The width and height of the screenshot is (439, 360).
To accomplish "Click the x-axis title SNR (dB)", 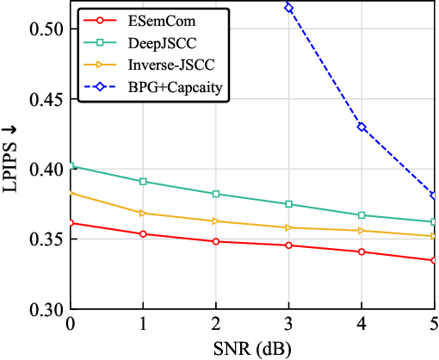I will tap(252, 349).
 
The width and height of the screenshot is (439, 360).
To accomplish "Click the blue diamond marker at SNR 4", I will tap(362, 127).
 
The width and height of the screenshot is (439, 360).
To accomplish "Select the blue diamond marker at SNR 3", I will tap(288, 8).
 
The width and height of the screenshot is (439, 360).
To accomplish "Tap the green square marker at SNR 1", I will tap(143, 182).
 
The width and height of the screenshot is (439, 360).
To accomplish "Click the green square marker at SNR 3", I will tap(288, 204).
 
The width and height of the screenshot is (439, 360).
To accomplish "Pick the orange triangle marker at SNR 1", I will tap(143, 213).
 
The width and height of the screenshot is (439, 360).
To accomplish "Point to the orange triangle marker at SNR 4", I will tap(362, 231).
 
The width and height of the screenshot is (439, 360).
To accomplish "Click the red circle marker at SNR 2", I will tap(215, 241).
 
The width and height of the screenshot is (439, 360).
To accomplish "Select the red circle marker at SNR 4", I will tap(362, 251).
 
